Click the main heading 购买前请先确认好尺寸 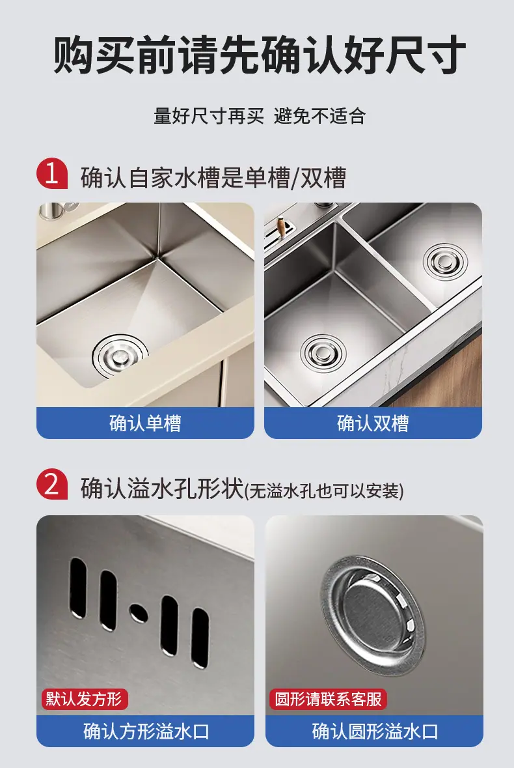pyautogui.click(x=259, y=54)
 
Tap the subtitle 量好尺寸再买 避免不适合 pyautogui.click(x=260, y=116)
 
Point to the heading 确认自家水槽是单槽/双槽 pyautogui.click(x=213, y=177)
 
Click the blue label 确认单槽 pyautogui.click(x=145, y=423)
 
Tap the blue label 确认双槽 pyautogui.click(x=373, y=423)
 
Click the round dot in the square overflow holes pyautogui.click(x=139, y=612)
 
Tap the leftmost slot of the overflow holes pyautogui.click(x=78, y=588)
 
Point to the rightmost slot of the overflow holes pyautogui.click(x=200, y=638)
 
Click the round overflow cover pyautogui.click(x=373, y=615)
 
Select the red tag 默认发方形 pyautogui.click(x=84, y=698)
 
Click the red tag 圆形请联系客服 pyautogui.click(x=328, y=698)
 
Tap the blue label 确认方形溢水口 pyautogui.click(x=145, y=732)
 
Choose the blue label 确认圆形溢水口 pyautogui.click(x=374, y=732)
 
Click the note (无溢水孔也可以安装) pyautogui.click(x=324, y=491)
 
